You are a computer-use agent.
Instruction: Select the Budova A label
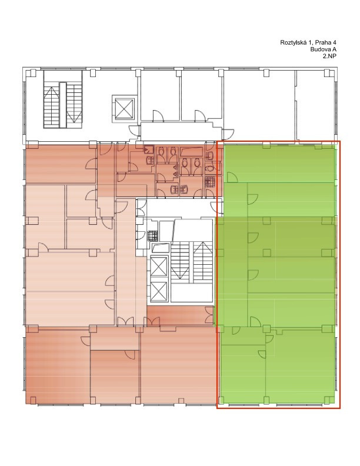[x=323, y=49]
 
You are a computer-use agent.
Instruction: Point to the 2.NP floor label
[x=329, y=56]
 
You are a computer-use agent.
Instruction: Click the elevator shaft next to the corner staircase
[x=125, y=108]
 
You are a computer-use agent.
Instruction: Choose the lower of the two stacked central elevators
[x=159, y=291]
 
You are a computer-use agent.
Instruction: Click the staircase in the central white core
[x=192, y=261]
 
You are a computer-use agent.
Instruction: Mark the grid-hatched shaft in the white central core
[x=152, y=236]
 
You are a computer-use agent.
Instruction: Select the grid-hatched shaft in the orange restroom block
[x=211, y=182]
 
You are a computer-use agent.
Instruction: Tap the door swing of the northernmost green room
[x=232, y=178]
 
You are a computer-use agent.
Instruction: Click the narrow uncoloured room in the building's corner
[x=315, y=105]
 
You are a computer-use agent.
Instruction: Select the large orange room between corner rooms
[x=179, y=365]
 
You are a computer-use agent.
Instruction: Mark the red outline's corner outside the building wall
[x=340, y=408]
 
